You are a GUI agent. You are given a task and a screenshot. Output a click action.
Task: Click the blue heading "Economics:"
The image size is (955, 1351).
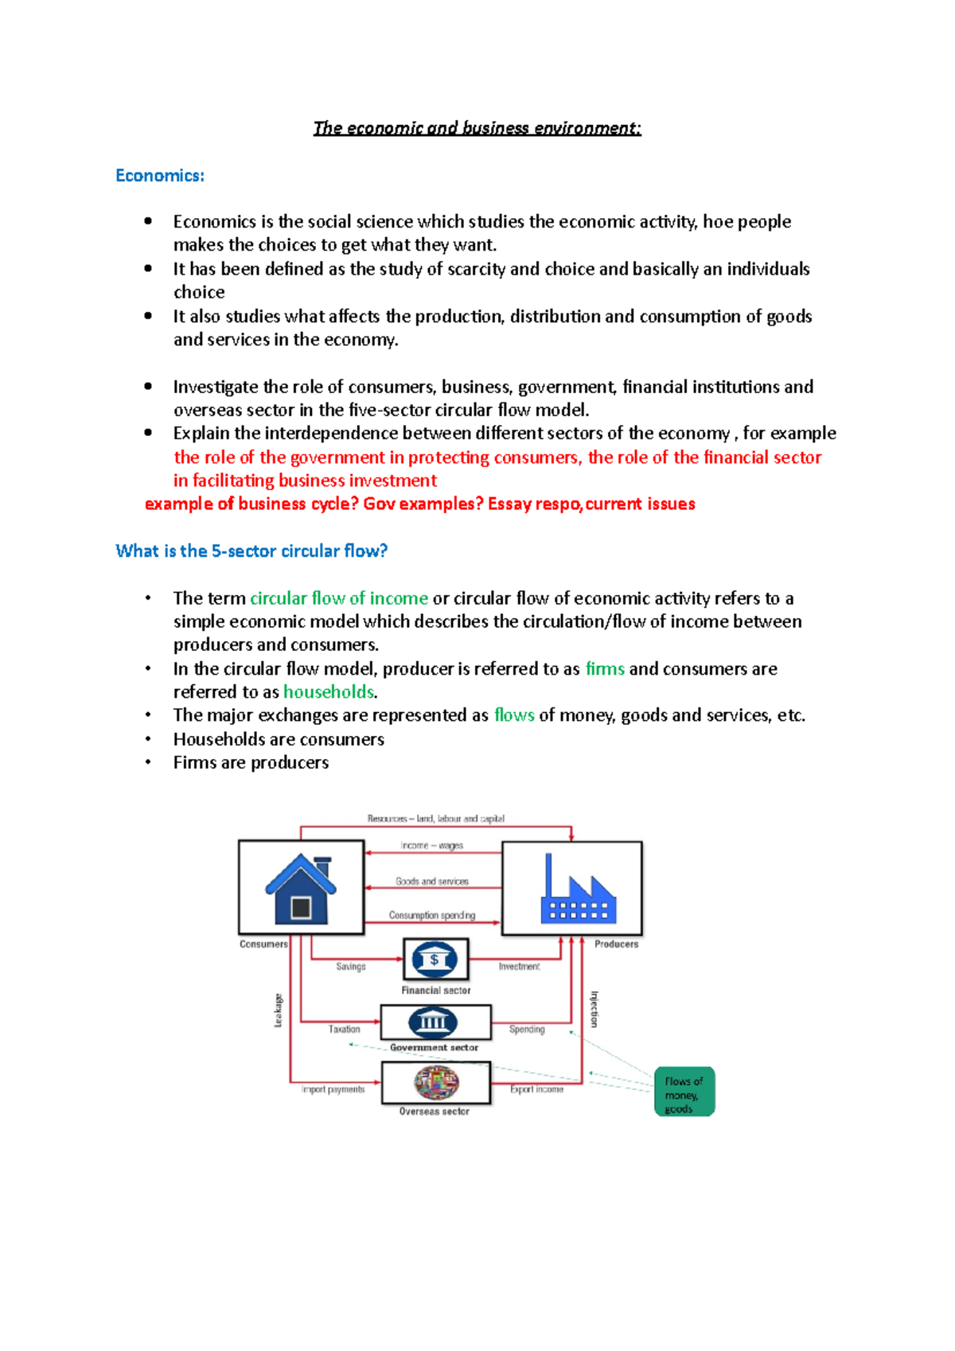tap(160, 176)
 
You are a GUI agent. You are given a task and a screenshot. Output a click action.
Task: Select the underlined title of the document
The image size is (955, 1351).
tap(477, 128)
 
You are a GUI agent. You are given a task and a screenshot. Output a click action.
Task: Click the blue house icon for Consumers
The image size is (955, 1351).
tap(301, 887)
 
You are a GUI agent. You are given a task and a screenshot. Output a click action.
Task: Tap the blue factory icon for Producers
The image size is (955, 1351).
tap(578, 890)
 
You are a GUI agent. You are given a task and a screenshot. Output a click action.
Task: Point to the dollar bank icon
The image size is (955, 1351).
tap(435, 960)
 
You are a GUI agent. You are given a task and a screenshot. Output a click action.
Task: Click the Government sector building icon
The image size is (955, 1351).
tap(433, 1022)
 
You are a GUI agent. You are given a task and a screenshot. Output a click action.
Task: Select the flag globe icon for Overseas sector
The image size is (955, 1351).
tap(436, 1083)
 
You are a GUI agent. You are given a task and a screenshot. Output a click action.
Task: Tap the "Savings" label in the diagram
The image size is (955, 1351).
tap(351, 967)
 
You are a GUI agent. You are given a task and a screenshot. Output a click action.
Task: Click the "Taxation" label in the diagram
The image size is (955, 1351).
tap(345, 1030)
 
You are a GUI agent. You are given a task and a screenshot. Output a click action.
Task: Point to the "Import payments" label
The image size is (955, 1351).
tap(333, 1089)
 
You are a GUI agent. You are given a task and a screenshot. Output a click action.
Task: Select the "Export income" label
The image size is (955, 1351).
tap(537, 1089)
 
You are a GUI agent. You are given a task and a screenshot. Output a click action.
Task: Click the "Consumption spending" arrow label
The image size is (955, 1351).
tap(432, 916)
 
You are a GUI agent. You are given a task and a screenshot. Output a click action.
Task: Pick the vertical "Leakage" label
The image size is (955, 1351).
tap(279, 1010)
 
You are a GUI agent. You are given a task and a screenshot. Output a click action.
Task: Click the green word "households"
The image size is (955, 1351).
tap(329, 692)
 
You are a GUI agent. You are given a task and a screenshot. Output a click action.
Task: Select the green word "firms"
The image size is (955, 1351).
tap(605, 669)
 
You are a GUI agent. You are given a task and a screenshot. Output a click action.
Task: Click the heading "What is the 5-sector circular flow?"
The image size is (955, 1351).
tap(251, 551)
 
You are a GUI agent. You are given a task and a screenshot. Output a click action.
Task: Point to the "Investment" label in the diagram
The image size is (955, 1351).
tap(519, 967)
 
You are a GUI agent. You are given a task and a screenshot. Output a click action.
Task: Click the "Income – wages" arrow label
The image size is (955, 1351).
tap(432, 846)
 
